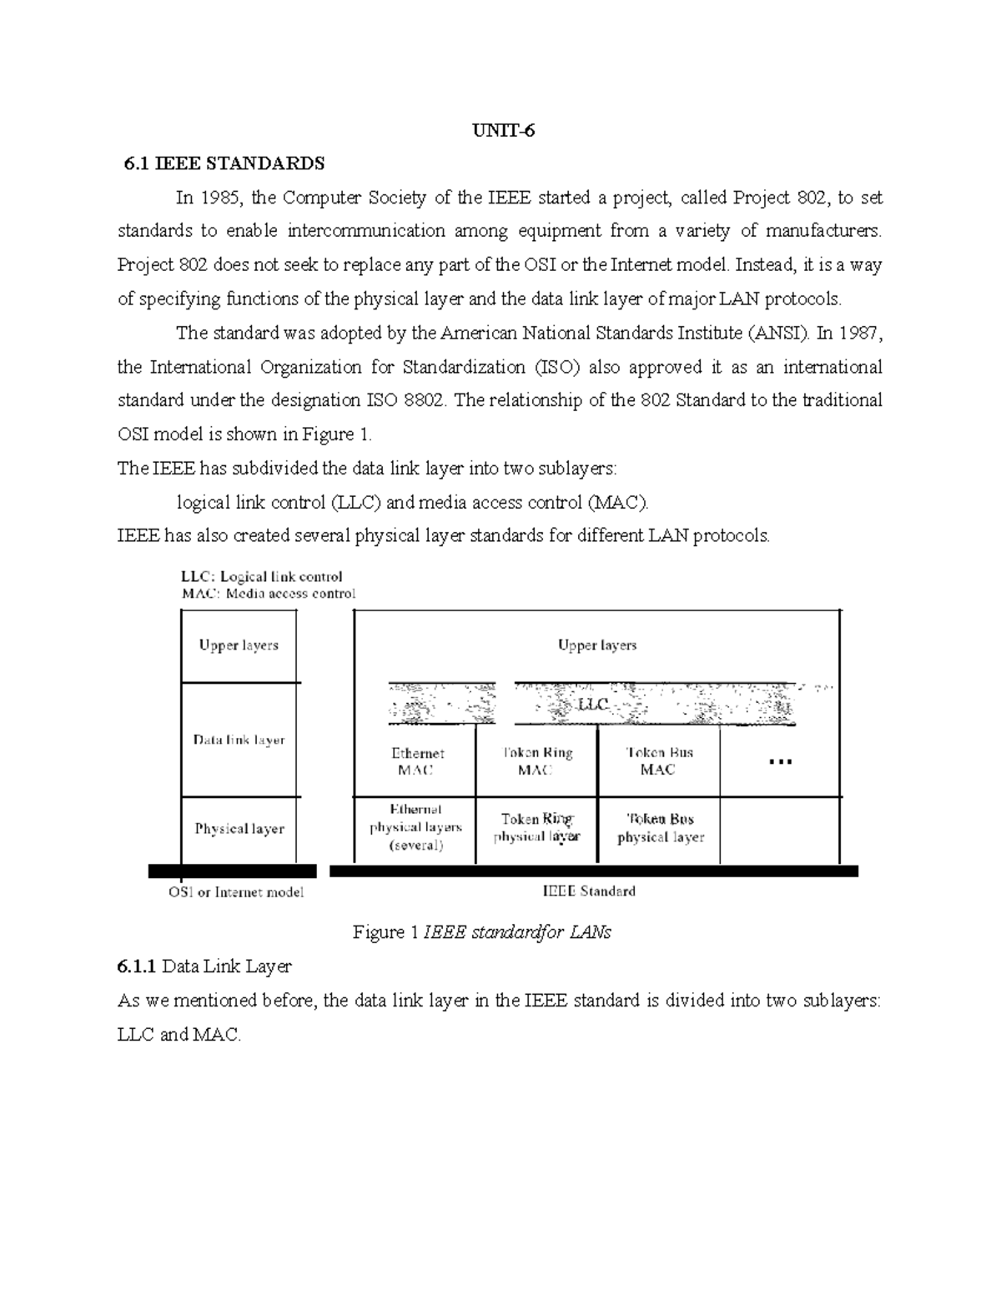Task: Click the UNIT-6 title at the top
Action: click(x=500, y=131)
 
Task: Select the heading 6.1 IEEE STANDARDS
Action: click(x=224, y=163)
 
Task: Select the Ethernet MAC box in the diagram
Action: click(x=416, y=761)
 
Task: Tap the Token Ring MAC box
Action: click(x=536, y=761)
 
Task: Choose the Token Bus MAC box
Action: click(x=658, y=761)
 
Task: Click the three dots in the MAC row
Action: click(x=780, y=761)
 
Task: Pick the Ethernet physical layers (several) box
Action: click(x=415, y=828)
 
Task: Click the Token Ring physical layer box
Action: click(x=536, y=828)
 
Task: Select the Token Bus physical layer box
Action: click(x=660, y=828)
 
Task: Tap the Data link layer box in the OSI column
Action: click(x=239, y=740)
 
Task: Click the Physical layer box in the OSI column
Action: click(x=239, y=829)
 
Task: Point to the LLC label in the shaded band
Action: click(x=593, y=705)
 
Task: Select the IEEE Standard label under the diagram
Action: click(x=589, y=891)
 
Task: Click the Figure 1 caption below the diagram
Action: click(x=481, y=932)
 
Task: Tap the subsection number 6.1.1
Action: click(x=137, y=967)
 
